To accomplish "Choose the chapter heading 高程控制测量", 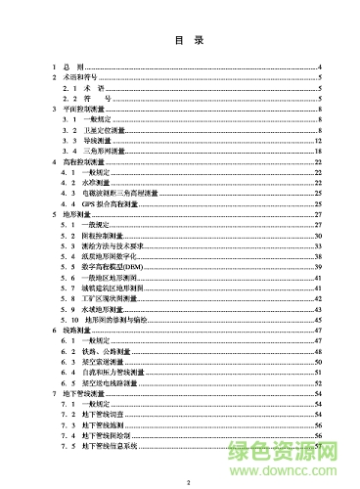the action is click(x=87, y=162).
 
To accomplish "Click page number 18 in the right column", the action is click(x=319, y=152).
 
